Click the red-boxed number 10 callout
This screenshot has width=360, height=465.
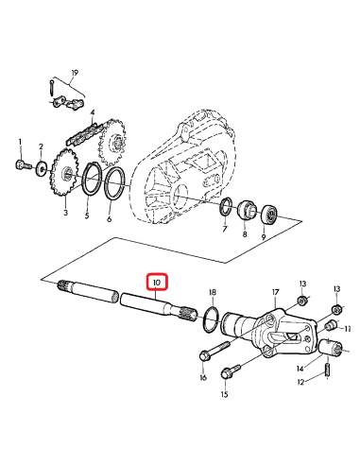(x=156, y=282)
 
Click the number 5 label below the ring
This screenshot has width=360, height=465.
(x=88, y=215)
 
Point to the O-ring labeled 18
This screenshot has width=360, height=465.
(x=213, y=319)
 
